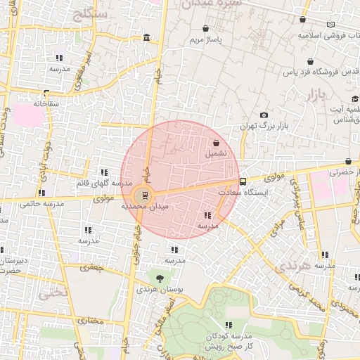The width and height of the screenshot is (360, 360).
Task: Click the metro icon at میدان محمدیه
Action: (145, 195)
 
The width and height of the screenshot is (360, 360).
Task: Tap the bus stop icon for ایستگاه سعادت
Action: (243, 181)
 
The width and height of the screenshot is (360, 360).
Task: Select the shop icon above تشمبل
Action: (215, 143)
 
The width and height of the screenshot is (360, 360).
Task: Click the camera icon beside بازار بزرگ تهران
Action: (264, 115)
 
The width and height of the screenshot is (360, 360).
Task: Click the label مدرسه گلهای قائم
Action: (104, 183)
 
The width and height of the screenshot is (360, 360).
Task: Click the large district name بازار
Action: (318, 95)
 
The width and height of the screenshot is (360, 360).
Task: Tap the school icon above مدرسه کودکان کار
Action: (228, 324)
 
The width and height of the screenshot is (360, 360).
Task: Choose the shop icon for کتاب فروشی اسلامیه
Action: (302, 20)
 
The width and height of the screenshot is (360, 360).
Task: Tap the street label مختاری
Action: (89, 321)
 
